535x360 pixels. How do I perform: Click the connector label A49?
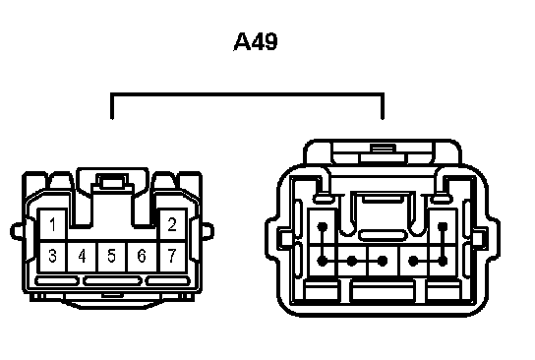click(256, 41)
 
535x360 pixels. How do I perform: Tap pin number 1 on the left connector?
click(52, 224)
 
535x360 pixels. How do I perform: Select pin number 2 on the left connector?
click(172, 224)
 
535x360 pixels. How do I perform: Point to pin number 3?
click(52, 256)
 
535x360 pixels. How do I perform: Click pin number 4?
click(82, 256)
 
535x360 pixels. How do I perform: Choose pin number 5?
click(111, 256)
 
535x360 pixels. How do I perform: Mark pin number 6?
click(142, 256)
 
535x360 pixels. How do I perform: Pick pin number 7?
click(172, 256)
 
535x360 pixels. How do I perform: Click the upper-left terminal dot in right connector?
click(323, 226)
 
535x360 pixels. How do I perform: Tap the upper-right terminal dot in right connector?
click(443, 226)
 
